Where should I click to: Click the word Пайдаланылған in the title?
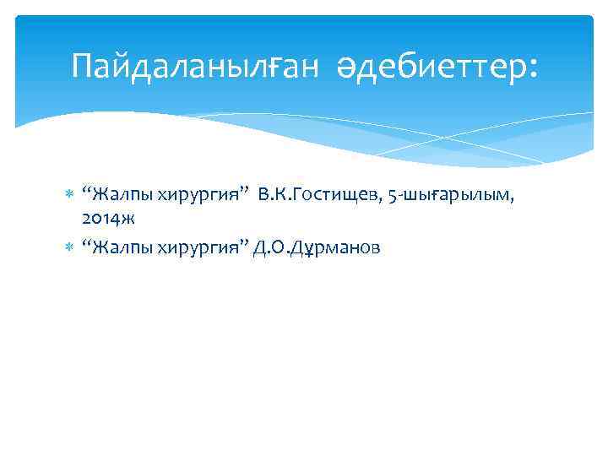(x=195, y=65)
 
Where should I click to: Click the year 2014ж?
(x=108, y=219)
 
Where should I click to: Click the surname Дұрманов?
(x=336, y=247)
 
